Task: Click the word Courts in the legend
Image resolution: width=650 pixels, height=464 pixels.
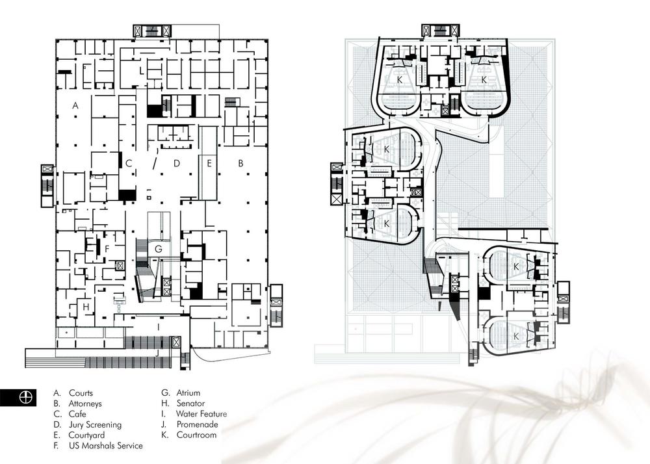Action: pos(81,393)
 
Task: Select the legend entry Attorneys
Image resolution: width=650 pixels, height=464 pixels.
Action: pos(85,404)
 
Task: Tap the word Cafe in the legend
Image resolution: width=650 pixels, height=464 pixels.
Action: pos(77,414)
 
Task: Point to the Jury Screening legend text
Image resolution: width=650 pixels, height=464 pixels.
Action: pos(95,424)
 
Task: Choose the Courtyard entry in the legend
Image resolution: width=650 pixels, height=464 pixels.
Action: pos(86,435)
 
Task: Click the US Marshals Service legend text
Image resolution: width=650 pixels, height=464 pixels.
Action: pos(106,446)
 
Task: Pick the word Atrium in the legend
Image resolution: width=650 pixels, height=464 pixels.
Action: pos(188,393)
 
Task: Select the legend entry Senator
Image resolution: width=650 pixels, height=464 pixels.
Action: pos(190,403)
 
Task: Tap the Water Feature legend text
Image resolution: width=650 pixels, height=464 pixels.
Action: pos(201,413)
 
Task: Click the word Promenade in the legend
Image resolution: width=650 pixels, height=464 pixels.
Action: pos(198,424)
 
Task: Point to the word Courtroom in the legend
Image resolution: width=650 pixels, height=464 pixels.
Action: pos(196,435)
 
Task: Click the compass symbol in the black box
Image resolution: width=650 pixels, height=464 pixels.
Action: pos(26,397)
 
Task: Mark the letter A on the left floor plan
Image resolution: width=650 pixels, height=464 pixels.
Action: pos(75,106)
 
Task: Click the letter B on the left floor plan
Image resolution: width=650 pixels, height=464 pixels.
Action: pos(240,164)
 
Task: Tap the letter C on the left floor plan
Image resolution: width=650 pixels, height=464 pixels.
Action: pos(129,164)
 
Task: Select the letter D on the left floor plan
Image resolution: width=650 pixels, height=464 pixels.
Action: pos(177,163)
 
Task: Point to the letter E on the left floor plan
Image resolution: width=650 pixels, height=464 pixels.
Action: pos(209,164)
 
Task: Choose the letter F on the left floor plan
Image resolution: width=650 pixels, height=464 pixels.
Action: pos(107,249)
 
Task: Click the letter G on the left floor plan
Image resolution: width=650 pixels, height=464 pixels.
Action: pos(159,249)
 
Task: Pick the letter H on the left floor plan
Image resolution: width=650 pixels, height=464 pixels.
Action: pos(86,307)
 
